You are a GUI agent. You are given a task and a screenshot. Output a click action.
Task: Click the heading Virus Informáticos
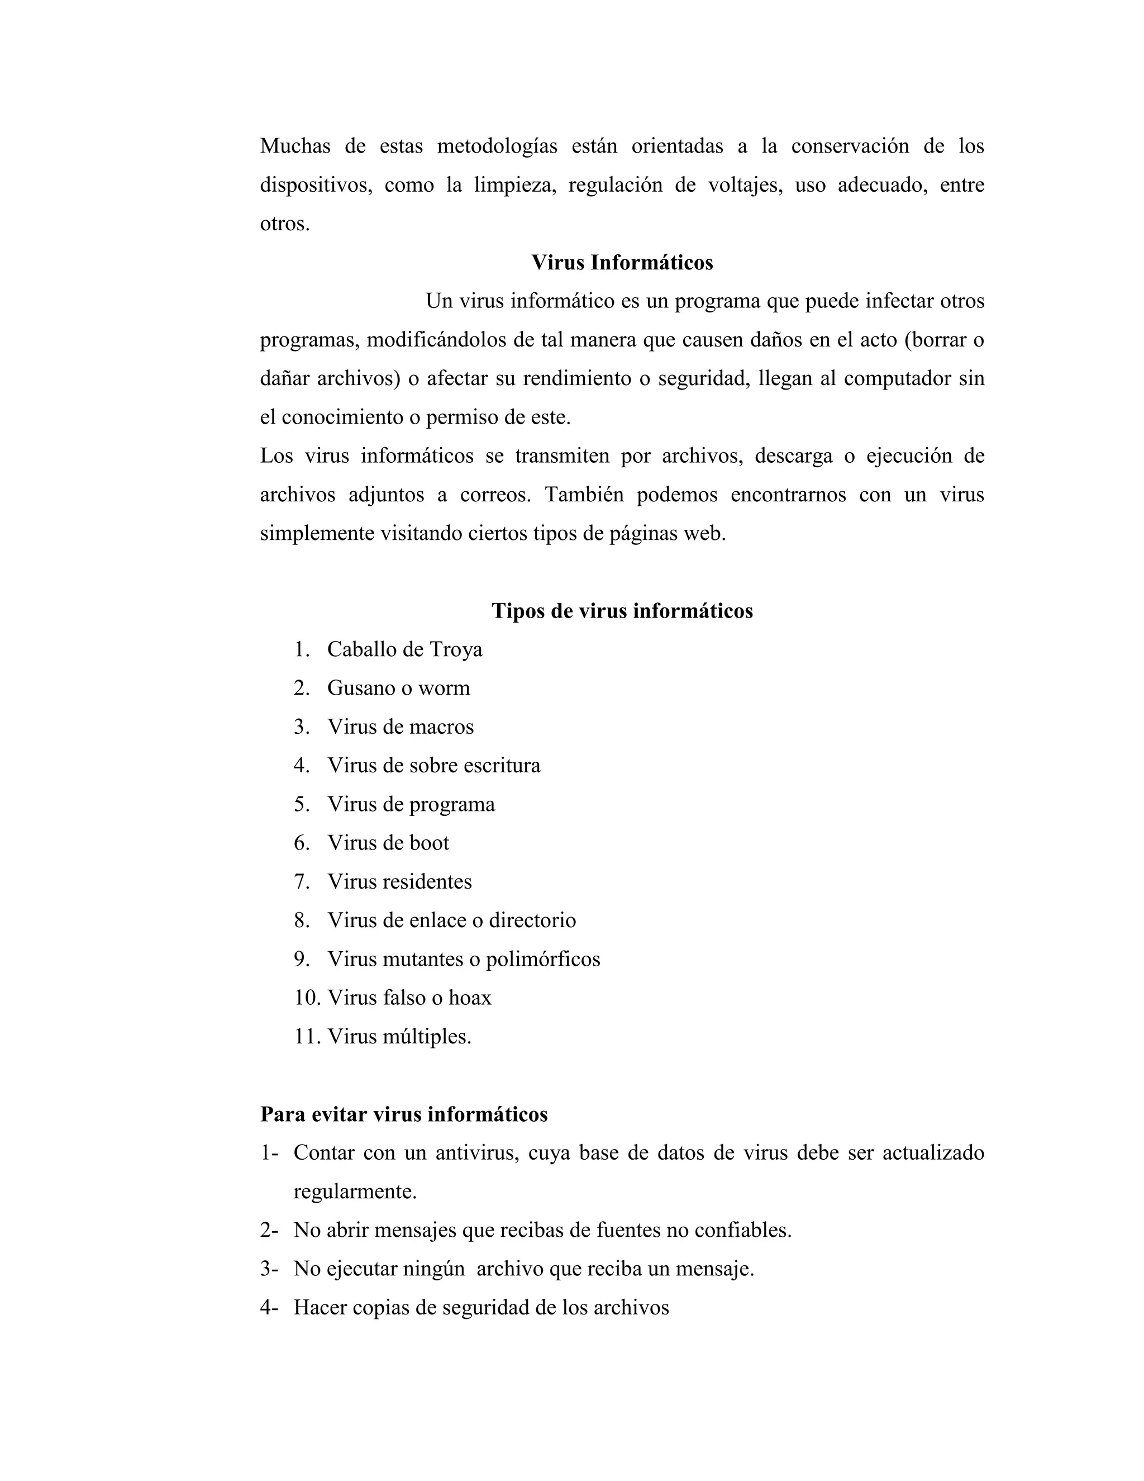(x=622, y=263)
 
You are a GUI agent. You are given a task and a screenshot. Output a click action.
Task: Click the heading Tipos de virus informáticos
(x=622, y=611)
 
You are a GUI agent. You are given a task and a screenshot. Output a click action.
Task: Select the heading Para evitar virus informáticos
(x=404, y=1114)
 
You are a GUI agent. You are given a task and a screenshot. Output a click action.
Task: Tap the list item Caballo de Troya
(x=404, y=649)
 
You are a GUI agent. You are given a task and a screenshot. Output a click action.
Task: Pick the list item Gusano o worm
(x=398, y=689)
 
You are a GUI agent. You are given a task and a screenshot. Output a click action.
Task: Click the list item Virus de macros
(x=401, y=727)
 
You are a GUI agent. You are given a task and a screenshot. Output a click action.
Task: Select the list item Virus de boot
(x=388, y=843)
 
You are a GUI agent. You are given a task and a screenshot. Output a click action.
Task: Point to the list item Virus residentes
(x=400, y=881)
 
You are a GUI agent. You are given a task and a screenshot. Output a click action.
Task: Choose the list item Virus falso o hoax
(x=409, y=998)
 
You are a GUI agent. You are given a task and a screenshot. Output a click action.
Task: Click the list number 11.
(x=307, y=1036)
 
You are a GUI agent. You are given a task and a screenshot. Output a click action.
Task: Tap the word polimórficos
(x=543, y=960)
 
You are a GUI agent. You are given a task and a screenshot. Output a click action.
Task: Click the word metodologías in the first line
(x=497, y=146)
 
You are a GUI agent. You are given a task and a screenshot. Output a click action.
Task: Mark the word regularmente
(x=355, y=1192)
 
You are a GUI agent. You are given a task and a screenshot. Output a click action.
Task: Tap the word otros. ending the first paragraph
(x=285, y=224)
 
